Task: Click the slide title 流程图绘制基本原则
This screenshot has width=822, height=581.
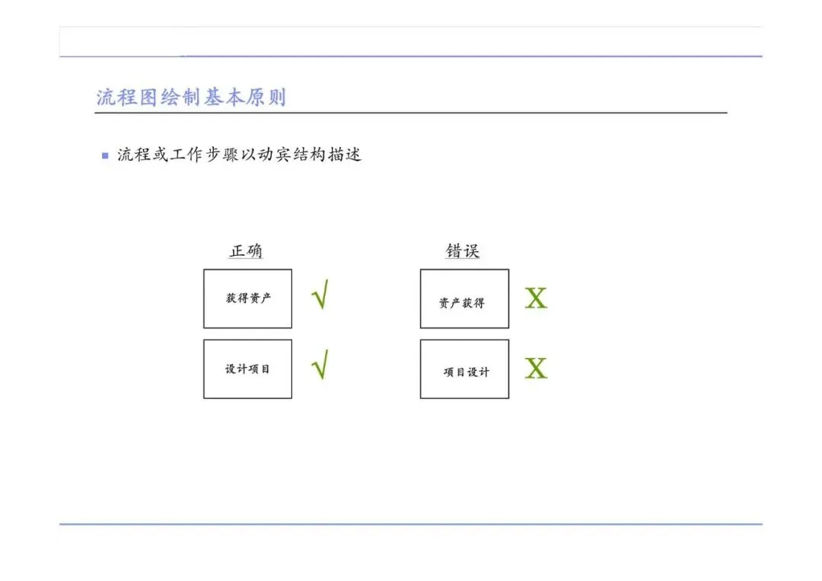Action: (191, 97)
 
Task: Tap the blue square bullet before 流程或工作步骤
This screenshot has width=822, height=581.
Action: (105, 155)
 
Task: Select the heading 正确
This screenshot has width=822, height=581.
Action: (247, 251)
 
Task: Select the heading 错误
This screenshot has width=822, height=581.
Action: (463, 251)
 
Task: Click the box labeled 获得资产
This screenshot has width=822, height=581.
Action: (247, 298)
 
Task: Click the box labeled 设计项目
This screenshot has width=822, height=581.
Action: (247, 369)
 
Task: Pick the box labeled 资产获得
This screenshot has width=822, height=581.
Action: (464, 298)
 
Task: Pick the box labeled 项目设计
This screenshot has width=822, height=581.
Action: (464, 369)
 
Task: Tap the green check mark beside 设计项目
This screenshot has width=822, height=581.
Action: (320, 364)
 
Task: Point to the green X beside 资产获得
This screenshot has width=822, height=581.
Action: (536, 298)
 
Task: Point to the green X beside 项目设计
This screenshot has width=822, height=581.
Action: (536, 369)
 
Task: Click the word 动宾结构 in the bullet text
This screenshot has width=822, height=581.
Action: (290, 155)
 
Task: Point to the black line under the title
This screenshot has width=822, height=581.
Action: (411, 113)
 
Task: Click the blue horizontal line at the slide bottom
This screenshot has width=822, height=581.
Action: (411, 524)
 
